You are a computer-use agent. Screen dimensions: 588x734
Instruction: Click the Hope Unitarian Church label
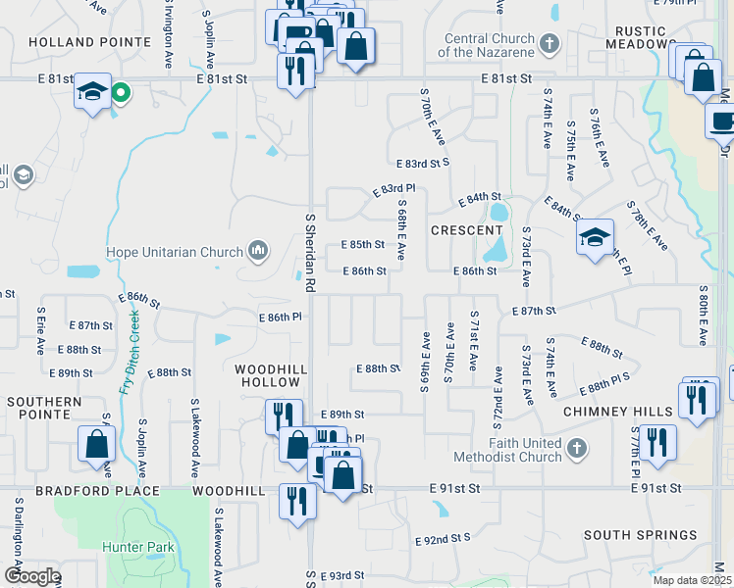(181, 252)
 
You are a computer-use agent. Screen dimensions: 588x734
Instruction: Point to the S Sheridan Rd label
(310, 253)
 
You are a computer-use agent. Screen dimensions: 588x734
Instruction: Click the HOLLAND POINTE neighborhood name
(90, 42)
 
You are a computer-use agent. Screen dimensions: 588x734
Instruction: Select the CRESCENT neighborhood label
(466, 230)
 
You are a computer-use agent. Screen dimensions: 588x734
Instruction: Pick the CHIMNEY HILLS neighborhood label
(618, 413)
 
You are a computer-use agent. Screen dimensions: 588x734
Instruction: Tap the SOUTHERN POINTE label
(43, 409)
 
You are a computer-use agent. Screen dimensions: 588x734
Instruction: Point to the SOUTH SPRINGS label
(640, 535)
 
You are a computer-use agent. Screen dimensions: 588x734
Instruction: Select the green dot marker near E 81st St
(121, 94)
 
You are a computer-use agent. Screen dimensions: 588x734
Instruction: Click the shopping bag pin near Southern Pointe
(98, 444)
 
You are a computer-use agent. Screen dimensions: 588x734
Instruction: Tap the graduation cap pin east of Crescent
(595, 237)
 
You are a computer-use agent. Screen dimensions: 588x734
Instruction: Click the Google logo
(31, 576)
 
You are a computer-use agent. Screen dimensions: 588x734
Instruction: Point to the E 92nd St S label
(443, 539)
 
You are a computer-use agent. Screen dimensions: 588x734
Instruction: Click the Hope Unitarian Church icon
(258, 251)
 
